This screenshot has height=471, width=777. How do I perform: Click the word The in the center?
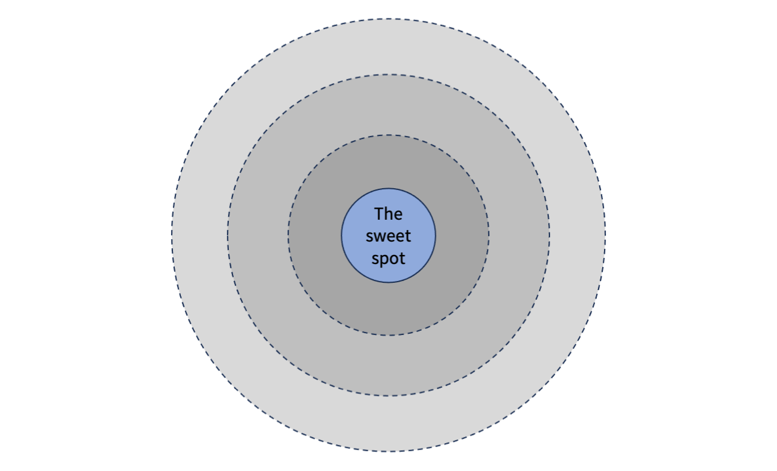(388, 214)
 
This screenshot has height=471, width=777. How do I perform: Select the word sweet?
(388, 236)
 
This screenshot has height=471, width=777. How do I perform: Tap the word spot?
(388, 259)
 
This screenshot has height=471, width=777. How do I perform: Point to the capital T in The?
(379, 214)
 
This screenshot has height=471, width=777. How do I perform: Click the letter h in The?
(388, 214)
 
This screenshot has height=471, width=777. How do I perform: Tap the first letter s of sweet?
(369, 237)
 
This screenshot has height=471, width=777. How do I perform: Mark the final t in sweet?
(407, 236)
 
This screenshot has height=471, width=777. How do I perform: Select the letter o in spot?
(393, 259)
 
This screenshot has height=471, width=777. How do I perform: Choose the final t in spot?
(401, 259)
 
